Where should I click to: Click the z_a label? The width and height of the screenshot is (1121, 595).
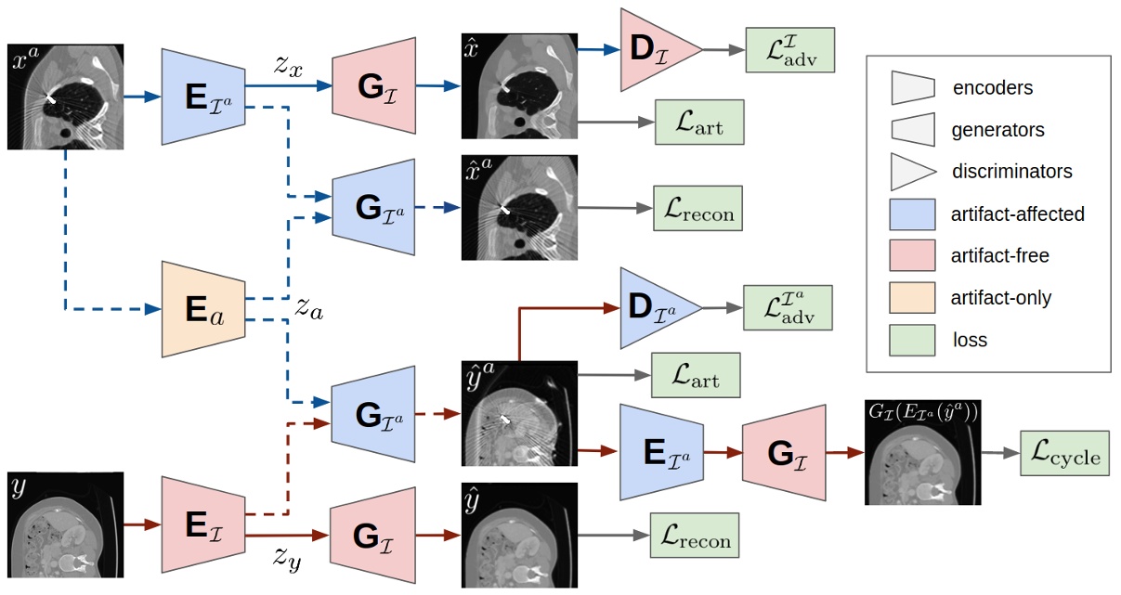308,308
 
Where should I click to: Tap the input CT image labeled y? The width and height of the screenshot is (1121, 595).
66,524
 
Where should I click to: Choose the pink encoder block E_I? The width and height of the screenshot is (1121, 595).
202,524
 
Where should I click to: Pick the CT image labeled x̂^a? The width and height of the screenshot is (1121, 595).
519,209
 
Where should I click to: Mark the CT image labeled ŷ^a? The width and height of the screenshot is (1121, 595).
519,413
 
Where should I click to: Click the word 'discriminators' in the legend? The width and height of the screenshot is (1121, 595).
1011,172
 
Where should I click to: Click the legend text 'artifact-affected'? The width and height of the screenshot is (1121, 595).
1018,214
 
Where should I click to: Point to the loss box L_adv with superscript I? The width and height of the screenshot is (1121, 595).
789,50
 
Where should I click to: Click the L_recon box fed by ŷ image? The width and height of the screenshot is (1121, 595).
695,536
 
